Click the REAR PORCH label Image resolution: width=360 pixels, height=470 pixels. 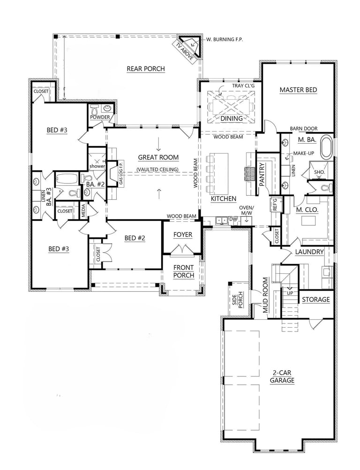pyautogui.click(x=146, y=69)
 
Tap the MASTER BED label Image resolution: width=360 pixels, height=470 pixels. pyautogui.click(x=298, y=90)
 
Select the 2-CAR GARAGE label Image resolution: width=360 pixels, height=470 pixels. pyautogui.click(x=282, y=377)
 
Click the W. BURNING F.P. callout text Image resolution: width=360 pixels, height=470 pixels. pyautogui.click(x=225, y=39)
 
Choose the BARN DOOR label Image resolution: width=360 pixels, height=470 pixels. pyautogui.click(x=304, y=129)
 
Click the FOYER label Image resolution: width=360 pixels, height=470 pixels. pyautogui.click(x=182, y=235)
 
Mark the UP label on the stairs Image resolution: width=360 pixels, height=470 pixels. pyautogui.click(x=290, y=293)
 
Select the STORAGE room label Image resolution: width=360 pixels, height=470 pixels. pyautogui.click(x=316, y=300)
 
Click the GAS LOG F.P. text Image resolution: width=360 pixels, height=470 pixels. pyautogui.click(x=121, y=173)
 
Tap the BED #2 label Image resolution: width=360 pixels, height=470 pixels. pyautogui.click(x=135, y=238)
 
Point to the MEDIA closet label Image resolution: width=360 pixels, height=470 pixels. pyautogui.click(x=83, y=211)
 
